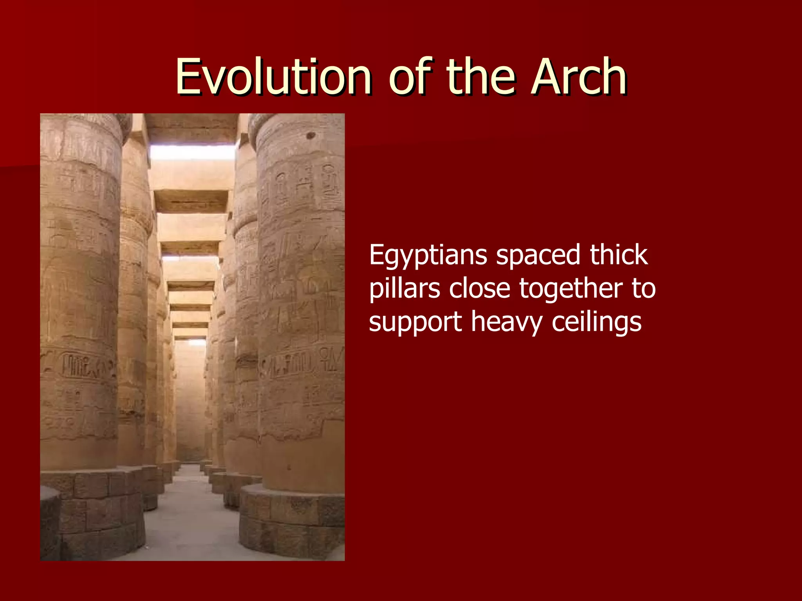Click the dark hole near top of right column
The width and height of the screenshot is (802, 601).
point(311,136)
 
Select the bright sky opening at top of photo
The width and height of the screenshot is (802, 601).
point(192,152)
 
